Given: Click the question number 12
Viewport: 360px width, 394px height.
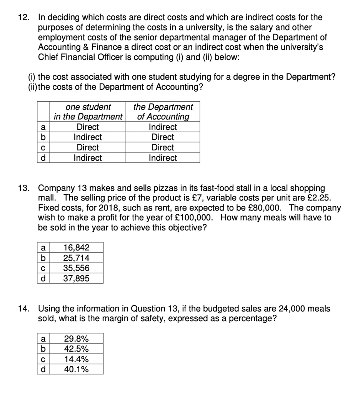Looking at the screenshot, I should pos(25,17).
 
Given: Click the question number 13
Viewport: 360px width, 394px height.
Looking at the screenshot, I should pos(25,188).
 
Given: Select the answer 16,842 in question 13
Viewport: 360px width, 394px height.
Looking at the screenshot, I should pos(76,247).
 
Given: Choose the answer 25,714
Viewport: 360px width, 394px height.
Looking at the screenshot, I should pos(76,257).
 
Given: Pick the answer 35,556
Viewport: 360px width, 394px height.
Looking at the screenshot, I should pos(76,268).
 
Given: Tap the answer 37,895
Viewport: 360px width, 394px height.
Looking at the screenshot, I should pos(76,278).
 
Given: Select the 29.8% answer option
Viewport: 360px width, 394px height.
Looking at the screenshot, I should pos(76,339).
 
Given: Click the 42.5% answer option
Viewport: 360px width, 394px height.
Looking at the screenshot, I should pos(76,349).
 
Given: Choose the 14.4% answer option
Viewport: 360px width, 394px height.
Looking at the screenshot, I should pos(76,359).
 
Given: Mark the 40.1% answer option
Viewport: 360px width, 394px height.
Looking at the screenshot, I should pos(76,370).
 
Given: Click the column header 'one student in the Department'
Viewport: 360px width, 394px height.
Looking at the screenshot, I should pos(88,112).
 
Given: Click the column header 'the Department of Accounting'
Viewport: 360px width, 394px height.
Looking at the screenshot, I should pos(163,112).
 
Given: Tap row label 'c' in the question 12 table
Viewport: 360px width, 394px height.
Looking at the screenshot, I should pos(43,148).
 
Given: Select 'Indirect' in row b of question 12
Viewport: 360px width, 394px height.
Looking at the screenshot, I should pos(88,137).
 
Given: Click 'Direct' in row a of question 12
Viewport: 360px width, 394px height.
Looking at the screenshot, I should pos(88,127).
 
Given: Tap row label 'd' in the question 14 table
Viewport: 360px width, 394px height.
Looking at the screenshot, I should pos(43,370).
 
